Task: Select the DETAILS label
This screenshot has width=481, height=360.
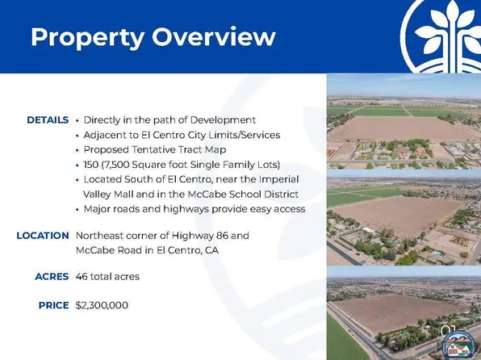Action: coord(47,119)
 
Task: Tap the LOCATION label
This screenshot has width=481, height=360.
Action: coord(42,236)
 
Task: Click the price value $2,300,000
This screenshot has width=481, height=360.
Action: coord(102,306)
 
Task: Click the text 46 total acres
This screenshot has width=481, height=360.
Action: coord(107,277)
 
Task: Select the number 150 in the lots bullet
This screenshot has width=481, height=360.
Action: coord(93,165)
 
